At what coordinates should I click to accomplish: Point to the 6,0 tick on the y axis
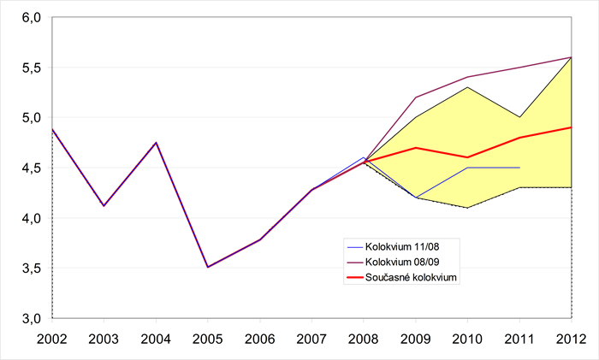coord(31,17)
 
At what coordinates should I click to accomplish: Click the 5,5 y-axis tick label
coord(31,68)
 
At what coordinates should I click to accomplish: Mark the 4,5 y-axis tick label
coord(31,168)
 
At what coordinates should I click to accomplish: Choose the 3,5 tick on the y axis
coord(31,269)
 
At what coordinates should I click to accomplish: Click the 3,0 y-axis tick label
coord(31,318)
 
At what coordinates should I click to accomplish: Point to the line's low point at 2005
coord(207,267)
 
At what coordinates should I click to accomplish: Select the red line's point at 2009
coord(416,147)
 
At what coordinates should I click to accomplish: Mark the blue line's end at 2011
coord(519,168)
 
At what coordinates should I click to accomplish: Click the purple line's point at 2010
coord(467,77)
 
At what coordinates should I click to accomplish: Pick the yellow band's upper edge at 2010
coord(467,87)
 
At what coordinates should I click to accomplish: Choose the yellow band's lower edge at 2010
coord(467,208)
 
